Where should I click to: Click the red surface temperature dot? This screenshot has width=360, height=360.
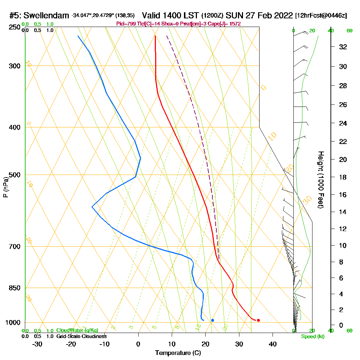tap(258, 320)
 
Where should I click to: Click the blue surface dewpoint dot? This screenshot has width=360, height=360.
tap(213, 320)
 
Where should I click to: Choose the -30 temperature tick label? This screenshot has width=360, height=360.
tap(37, 344)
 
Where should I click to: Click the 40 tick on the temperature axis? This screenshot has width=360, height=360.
tap(273, 344)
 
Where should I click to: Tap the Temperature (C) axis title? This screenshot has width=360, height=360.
tap(178, 353)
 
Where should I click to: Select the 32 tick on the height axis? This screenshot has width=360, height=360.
tap(343, 47)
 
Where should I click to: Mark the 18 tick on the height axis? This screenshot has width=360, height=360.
tap(343, 177)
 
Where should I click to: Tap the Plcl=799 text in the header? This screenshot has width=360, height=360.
tap(125, 24)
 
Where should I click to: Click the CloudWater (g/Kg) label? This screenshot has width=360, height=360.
tap(77, 330)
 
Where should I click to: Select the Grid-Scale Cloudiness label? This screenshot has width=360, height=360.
tap(81, 336)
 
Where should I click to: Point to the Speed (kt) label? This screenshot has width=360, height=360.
tap(312, 337)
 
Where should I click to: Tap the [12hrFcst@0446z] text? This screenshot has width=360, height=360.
tap(321, 16)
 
